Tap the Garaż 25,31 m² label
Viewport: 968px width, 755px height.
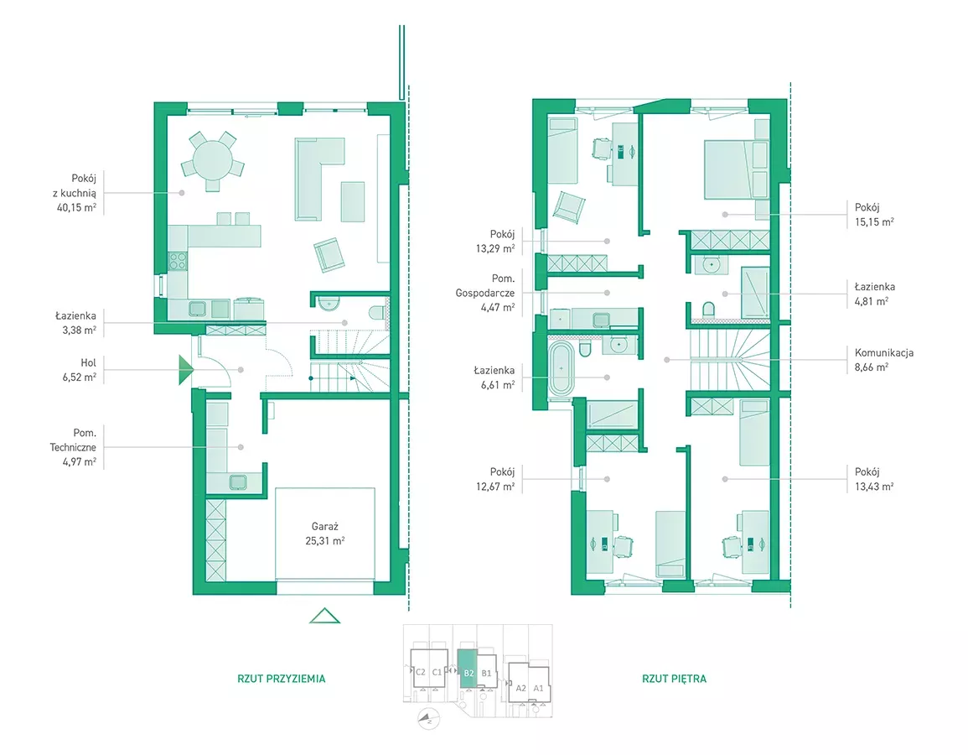324,534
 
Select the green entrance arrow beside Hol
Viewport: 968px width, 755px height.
186,370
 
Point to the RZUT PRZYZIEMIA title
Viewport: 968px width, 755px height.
282,679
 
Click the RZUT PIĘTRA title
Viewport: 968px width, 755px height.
674,679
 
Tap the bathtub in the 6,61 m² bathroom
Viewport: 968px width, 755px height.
562,368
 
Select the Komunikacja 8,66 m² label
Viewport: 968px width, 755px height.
883,360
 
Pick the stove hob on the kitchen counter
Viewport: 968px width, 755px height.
178,261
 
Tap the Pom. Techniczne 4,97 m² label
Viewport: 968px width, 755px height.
74,447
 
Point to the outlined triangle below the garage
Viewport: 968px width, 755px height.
324,616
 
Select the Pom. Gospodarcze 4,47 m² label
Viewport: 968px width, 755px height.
485,293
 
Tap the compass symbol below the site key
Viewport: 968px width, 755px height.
427,719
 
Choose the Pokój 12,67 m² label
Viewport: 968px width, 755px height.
495,480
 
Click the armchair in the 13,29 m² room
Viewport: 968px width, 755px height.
568,206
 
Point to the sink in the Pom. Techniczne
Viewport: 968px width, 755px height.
238,482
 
